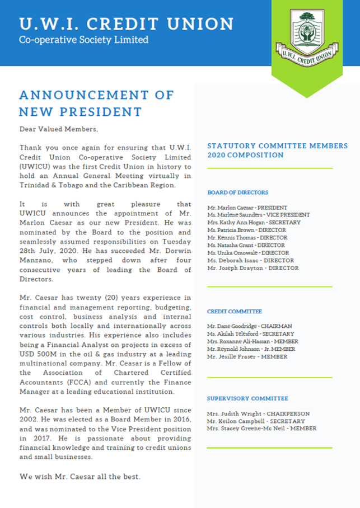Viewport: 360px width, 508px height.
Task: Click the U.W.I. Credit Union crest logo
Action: point(307,37)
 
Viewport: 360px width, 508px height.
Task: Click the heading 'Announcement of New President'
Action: point(96,102)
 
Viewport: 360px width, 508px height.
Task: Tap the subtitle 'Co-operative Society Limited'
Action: point(84,40)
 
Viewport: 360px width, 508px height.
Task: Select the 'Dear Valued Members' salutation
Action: point(59,129)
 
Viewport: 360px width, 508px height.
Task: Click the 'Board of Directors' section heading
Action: point(237,192)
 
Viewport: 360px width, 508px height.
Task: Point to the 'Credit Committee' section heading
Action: point(235,311)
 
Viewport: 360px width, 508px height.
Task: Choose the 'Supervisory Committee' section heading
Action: point(247,398)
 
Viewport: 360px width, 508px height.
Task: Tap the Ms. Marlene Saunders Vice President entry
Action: point(258,215)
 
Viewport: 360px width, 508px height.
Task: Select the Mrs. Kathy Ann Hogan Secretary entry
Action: point(254,223)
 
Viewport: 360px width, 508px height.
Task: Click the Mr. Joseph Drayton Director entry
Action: point(253,268)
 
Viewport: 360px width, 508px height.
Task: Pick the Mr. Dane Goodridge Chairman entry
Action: point(249,326)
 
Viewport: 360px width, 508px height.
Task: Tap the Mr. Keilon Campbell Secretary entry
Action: point(255,421)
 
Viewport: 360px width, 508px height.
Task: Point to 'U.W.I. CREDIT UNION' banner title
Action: point(127,24)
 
